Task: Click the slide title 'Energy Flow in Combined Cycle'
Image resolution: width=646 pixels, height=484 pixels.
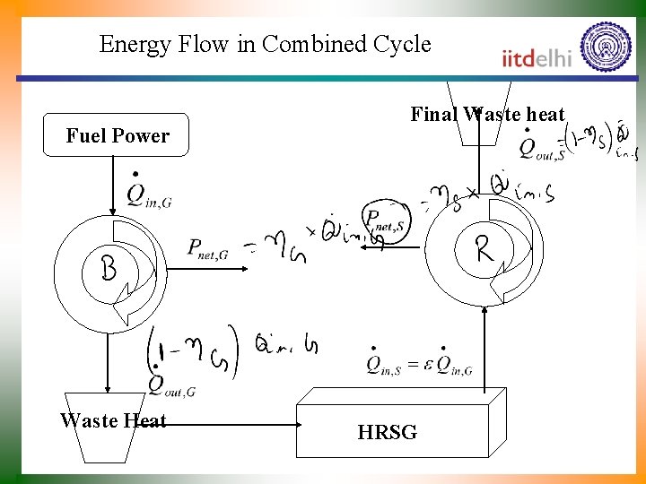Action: click(265, 44)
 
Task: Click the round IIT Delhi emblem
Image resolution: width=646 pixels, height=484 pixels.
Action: click(606, 47)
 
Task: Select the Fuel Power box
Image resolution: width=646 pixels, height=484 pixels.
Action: click(118, 135)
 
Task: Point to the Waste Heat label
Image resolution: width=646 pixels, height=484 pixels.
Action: click(113, 420)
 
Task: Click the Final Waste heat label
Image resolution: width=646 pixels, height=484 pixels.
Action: click(487, 114)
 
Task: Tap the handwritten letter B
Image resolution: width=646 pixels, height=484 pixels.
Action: click(108, 267)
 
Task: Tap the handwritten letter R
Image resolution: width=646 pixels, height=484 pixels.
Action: click(484, 248)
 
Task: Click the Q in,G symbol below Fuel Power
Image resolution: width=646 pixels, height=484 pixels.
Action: click(147, 192)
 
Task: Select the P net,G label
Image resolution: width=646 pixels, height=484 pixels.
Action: click(207, 250)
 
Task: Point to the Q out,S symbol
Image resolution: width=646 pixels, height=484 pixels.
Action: click(541, 148)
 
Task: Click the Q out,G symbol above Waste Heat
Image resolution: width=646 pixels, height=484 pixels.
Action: click(170, 384)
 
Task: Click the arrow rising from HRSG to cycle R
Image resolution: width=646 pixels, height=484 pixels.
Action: click(484, 350)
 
